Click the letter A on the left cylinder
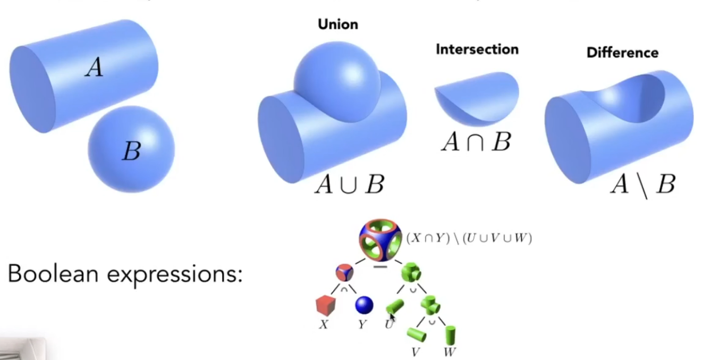[x=94, y=68]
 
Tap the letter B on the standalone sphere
[x=131, y=152]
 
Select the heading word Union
[x=337, y=24]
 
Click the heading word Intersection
[x=477, y=49]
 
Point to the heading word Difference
[x=622, y=53]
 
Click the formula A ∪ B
[x=349, y=185]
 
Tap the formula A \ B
[x=642, y=185]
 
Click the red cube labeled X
[x=324, y=305]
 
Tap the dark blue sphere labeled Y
[x=364, y=305]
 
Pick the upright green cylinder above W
[x=451, y=334]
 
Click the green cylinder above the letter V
[x=416, y=334]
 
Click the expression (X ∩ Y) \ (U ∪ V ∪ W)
[x=469, y=238]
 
